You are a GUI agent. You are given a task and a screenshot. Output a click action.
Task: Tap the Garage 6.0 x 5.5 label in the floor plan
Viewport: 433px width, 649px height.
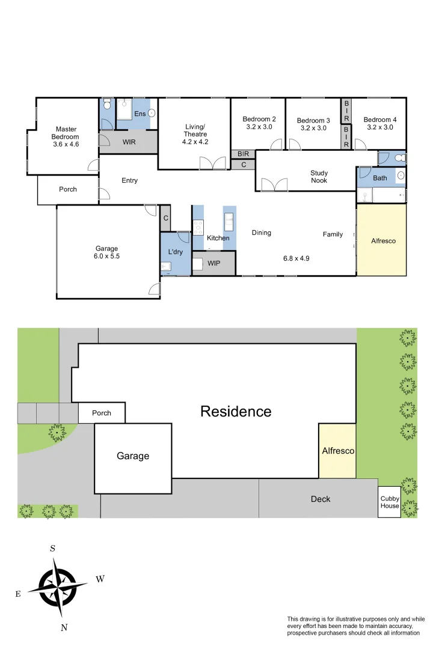(x=106, y=252)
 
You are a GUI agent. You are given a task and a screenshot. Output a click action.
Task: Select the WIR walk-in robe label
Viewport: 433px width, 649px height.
(x=129, y=142)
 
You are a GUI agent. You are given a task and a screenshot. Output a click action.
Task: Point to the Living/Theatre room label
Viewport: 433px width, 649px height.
(x=195, y=134)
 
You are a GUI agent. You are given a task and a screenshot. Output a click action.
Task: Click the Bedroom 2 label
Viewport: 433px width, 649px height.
(x=259, y=123)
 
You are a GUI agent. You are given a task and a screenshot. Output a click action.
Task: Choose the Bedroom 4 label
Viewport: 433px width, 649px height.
(x=379, y=123)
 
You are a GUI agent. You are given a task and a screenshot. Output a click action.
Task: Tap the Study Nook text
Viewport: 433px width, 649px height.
(x=319, y=177)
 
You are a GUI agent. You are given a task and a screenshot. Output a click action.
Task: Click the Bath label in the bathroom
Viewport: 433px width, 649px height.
(x=380, y=178)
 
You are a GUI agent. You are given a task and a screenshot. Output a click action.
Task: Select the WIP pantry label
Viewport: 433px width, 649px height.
(x=214, y=263)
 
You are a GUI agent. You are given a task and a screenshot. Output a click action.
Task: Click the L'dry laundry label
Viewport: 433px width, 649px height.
(x=175, y=252)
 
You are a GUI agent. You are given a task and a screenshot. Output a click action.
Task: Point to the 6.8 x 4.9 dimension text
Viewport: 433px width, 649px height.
(x=296, y=259)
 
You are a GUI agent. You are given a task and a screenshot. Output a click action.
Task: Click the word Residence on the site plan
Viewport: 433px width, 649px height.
(x=235, y=412)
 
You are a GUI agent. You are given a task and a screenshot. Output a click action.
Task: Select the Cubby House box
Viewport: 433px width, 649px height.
(x=389, y=502)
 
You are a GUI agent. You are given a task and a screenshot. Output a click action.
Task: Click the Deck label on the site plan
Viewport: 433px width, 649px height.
(x=320, y=499)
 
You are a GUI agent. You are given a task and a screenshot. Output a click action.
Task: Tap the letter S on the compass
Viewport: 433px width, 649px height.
(x=53, y=548)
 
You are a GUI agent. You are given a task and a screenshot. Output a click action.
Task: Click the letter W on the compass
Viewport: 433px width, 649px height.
(x=100, y=579)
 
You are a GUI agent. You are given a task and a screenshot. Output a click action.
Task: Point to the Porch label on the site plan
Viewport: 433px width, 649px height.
(x=102, y=413)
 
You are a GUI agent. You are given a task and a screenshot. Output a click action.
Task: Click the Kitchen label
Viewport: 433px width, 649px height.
(x=218, y=238)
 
